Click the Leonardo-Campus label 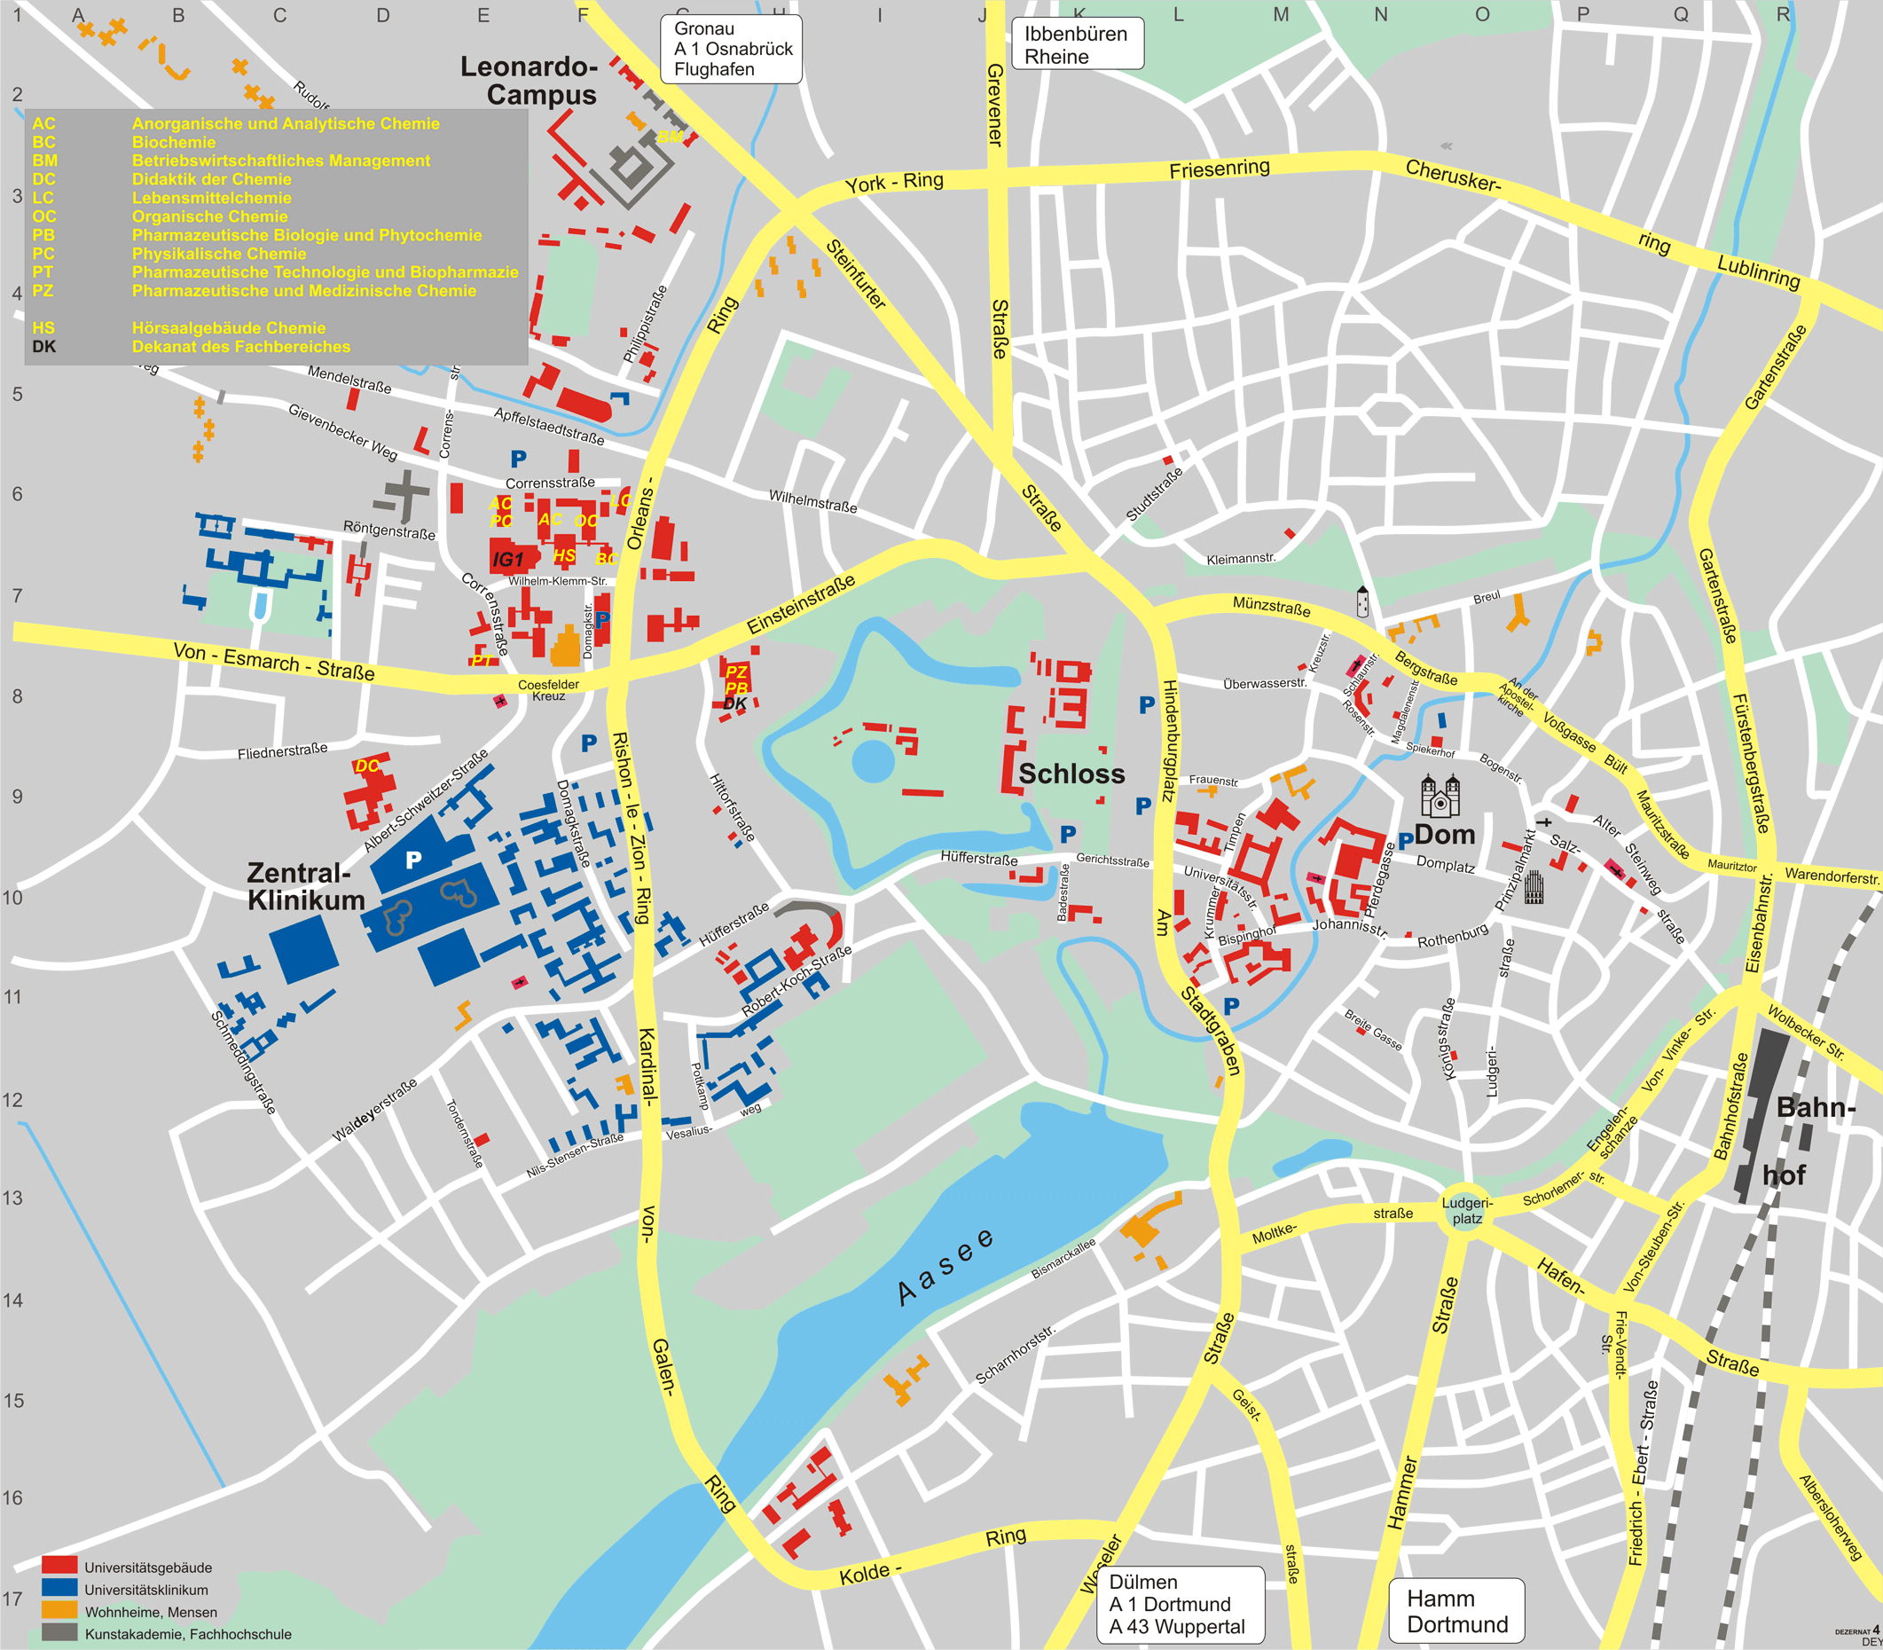point(530,81)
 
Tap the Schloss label point(1071,774)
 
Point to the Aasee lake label point(946,1267)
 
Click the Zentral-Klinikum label point(305,886)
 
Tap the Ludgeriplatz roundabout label point(1467,1211)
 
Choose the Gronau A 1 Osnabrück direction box point(732,49)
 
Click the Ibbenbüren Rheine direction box point(1078,44)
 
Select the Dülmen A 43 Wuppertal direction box point(1180,1604)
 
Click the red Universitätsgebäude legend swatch point(59,1564)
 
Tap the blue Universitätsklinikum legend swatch point(59,1587)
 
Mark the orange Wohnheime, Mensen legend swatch point(59,1609)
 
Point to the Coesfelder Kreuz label point(549,689)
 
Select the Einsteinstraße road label point(800,604)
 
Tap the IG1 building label point(507,560)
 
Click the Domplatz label point(1445,865)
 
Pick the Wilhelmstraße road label point(813,501)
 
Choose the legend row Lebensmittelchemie point(211,198)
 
